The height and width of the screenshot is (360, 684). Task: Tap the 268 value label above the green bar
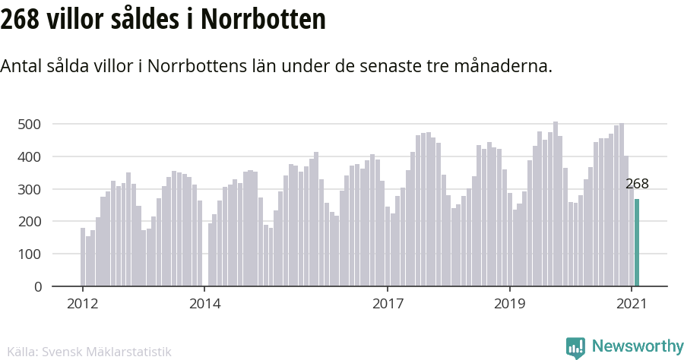[637, 184]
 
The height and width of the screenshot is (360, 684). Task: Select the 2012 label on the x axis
[82, 305]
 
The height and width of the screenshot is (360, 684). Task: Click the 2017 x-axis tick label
[388, 305]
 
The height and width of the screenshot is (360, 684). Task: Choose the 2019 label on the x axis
[510, 305]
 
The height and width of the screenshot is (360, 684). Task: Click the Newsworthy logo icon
[575, 347]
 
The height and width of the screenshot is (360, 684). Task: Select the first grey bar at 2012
[83, 257]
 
